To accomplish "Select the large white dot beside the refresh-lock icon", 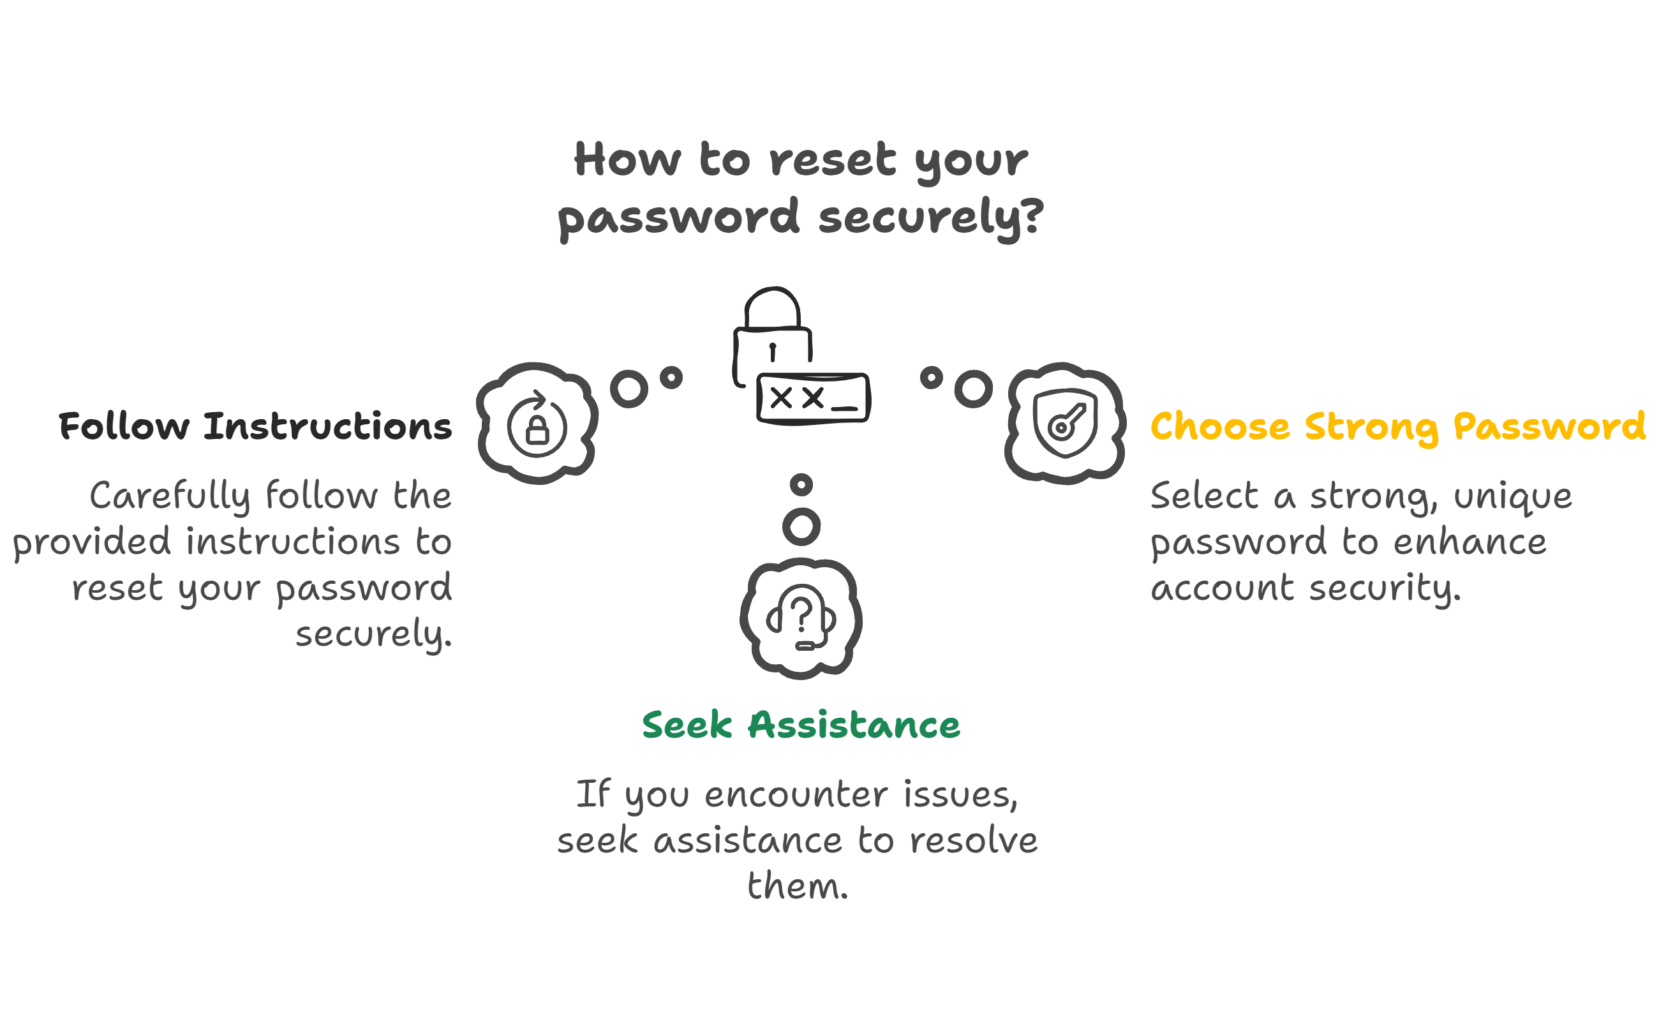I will (x=632, y=390).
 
